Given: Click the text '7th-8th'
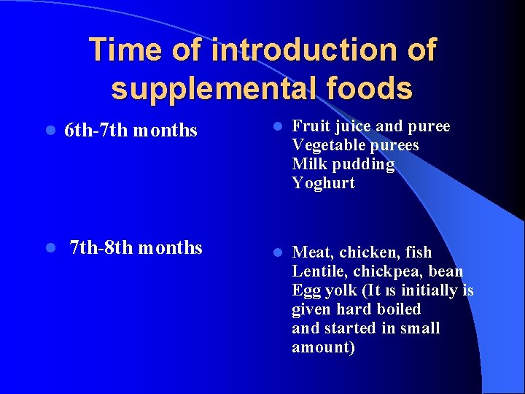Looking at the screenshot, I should point(101,247).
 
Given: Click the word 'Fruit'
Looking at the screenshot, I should point(310,126).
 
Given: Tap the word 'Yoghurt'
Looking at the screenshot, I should point(323,183).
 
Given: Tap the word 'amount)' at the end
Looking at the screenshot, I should point(323,347).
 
